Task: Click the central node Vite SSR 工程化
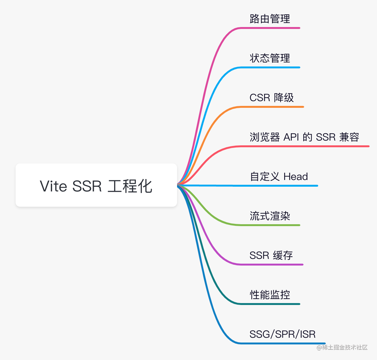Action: [x=96, y=186]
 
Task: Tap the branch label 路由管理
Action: [x=270, y=19]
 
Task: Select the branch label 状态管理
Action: [x=270, y=58]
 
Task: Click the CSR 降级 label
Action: [x=272, y=98]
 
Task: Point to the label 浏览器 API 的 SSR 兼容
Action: [x=305, y=137]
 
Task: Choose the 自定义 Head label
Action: [x=279, y=177]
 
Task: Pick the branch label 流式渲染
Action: [x=270, y=216]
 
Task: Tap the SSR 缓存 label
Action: [x=271, y=255]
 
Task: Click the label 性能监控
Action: [x=270, y=295]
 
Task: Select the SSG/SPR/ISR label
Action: [x=283, y=334]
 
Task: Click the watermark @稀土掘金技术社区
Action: [x=342, y=347]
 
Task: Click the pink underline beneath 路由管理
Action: [x=270, y=28]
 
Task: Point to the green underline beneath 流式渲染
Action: [x=270, y=225]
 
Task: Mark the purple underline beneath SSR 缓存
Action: [x=272, y=265]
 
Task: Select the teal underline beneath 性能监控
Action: [x=270, y=304]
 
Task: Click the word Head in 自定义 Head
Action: [x=296, y=177]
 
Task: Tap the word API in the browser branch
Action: [x=291, y=137]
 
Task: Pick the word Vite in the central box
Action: [x=53, y=186]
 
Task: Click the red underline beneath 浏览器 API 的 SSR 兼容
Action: [x=305, y=146]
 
